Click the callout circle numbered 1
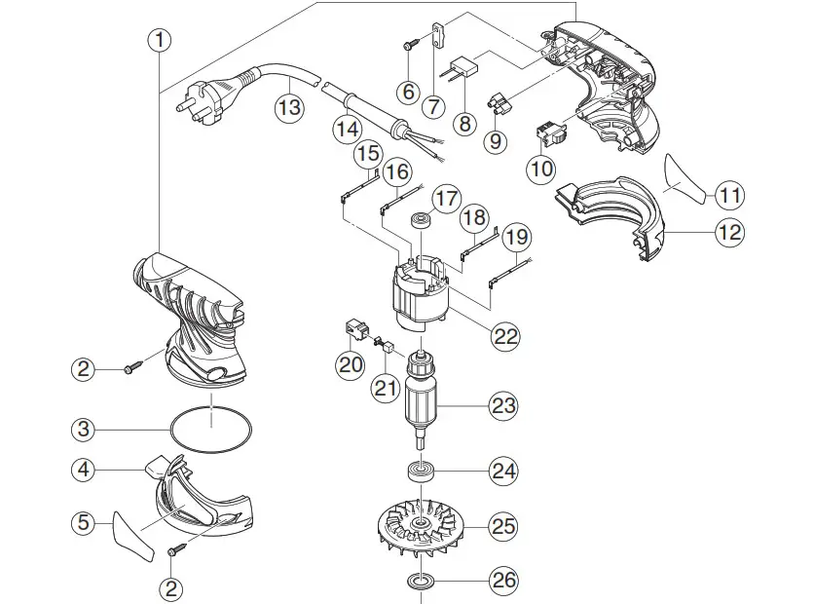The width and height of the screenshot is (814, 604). pyautogui.click(x=161, y=41)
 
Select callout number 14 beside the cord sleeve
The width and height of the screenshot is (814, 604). pyautogui.click(x=346, y=128)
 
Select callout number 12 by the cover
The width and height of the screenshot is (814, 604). pyautogui.click(x=728, y=232)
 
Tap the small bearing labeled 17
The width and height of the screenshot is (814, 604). pyautogui.click(x=423, y=218)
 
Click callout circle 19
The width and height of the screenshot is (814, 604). pyautogui.click(x=519, y=236)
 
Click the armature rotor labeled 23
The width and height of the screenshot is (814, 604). pyautogui.click(x=425, y=401)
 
